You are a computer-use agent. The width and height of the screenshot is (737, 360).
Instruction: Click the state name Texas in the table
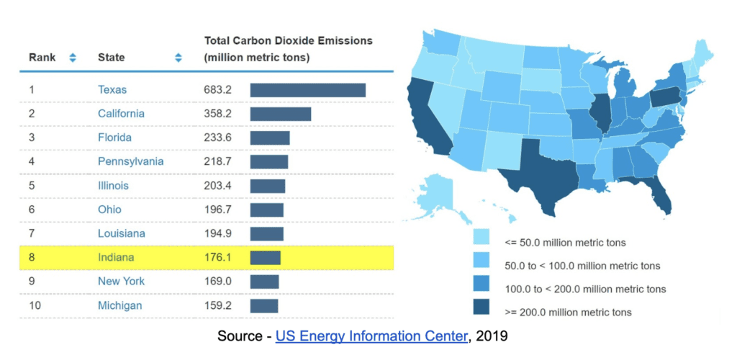(112, 90)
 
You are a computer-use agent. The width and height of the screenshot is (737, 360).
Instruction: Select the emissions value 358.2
(217, 114)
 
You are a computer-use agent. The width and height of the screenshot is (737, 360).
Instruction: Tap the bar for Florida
(270, 138)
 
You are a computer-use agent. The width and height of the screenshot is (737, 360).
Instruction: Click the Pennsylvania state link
(130, 161)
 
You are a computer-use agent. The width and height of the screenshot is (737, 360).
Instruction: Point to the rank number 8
(32, 257)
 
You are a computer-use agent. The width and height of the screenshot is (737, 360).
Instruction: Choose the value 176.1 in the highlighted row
(217, 257)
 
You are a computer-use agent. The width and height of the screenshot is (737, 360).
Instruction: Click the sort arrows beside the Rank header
(72, 58)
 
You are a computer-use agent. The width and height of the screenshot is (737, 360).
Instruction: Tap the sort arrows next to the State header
(178, 58)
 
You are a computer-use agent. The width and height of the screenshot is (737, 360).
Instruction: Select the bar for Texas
(307, 90)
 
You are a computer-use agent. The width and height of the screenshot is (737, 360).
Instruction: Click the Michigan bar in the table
(263, 305)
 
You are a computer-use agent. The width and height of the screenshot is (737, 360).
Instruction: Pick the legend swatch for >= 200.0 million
(481, 311)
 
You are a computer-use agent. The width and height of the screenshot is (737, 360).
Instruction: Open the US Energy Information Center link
(371, 335)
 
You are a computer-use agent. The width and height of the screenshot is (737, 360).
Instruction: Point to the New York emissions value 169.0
(217, 281)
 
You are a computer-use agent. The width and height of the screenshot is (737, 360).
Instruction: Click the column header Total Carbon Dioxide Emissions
(288, 41)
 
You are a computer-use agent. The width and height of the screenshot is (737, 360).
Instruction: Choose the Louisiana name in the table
(121, 233)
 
